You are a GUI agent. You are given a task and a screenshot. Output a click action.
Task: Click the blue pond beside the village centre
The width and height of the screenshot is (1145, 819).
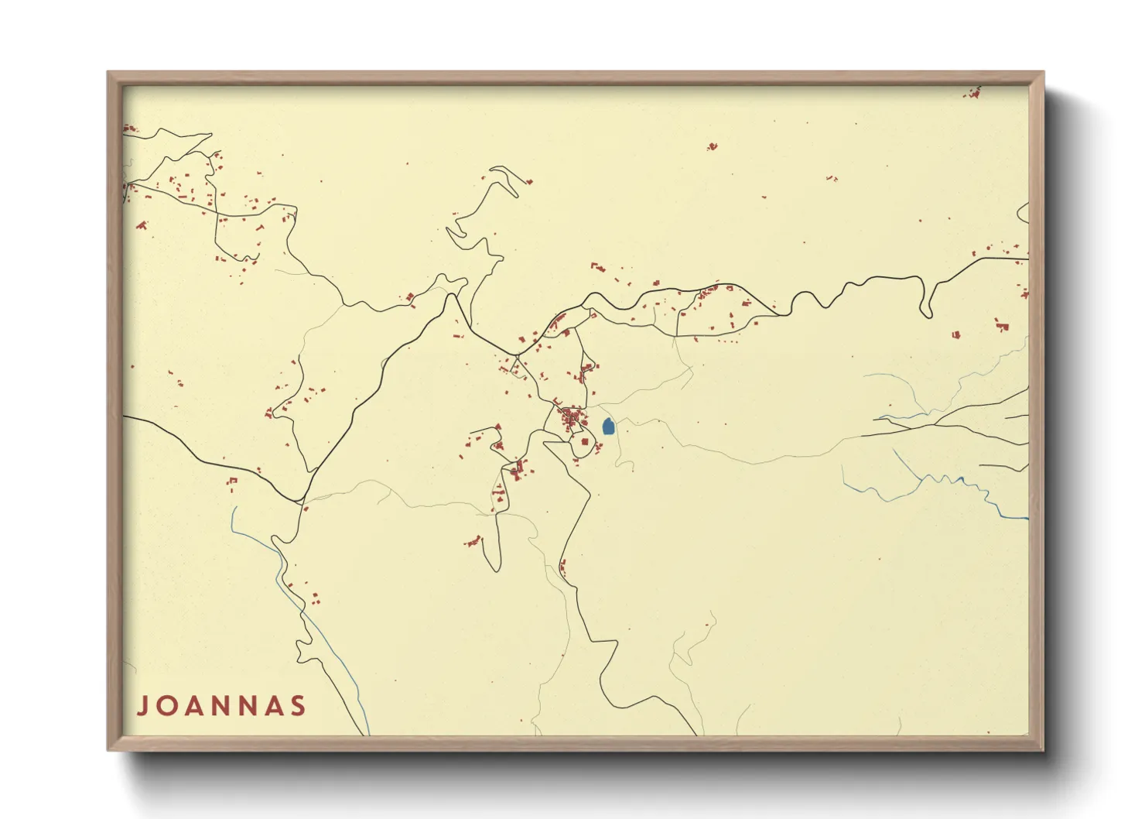(608, 427)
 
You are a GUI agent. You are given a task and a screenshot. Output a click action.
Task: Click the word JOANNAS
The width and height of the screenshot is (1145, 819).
(222, 706)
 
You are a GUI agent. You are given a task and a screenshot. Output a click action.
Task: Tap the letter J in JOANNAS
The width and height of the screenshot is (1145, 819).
(143, 706)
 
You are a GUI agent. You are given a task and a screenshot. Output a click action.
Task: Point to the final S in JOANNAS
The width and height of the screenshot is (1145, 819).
(297, 706)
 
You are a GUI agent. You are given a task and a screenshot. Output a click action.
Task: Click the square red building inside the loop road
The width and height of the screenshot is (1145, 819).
(585, 442)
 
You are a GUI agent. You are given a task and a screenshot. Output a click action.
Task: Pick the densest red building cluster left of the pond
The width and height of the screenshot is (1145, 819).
(573, 420)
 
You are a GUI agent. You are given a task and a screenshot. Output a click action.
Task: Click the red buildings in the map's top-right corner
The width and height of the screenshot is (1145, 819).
(973, 94)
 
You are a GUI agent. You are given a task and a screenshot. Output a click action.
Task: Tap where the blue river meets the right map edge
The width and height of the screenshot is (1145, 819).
(1027, 518)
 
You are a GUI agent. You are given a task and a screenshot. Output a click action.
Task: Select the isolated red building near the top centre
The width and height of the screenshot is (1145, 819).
(712, 146)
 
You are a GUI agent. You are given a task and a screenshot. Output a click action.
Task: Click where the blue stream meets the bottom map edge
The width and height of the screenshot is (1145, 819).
(368, 733)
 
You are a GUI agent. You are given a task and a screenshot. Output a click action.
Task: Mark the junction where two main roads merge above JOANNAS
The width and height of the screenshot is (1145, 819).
(301, 502)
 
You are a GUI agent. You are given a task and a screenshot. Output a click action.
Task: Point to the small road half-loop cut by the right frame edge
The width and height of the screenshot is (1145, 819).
(1024, 211)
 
